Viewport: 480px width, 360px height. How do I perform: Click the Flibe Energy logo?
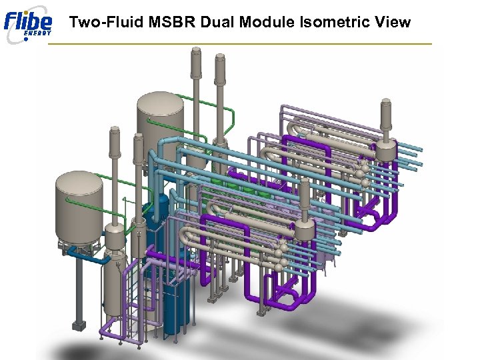coord(27,25)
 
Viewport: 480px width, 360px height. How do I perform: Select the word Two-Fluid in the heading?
coord(107,22)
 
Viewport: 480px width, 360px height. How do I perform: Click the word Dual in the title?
coord(217,22)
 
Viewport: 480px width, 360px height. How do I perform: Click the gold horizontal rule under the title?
coord(240,44)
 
